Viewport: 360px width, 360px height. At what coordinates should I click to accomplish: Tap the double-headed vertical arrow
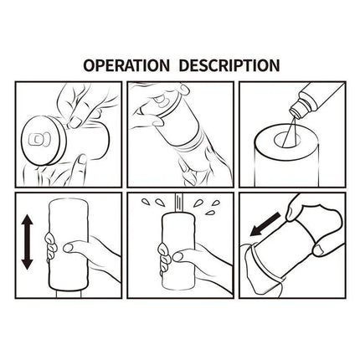pyautogui.click(x=27, y=239)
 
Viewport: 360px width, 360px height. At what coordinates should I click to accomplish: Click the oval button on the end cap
pyautogui.click(x=39, y=136)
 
